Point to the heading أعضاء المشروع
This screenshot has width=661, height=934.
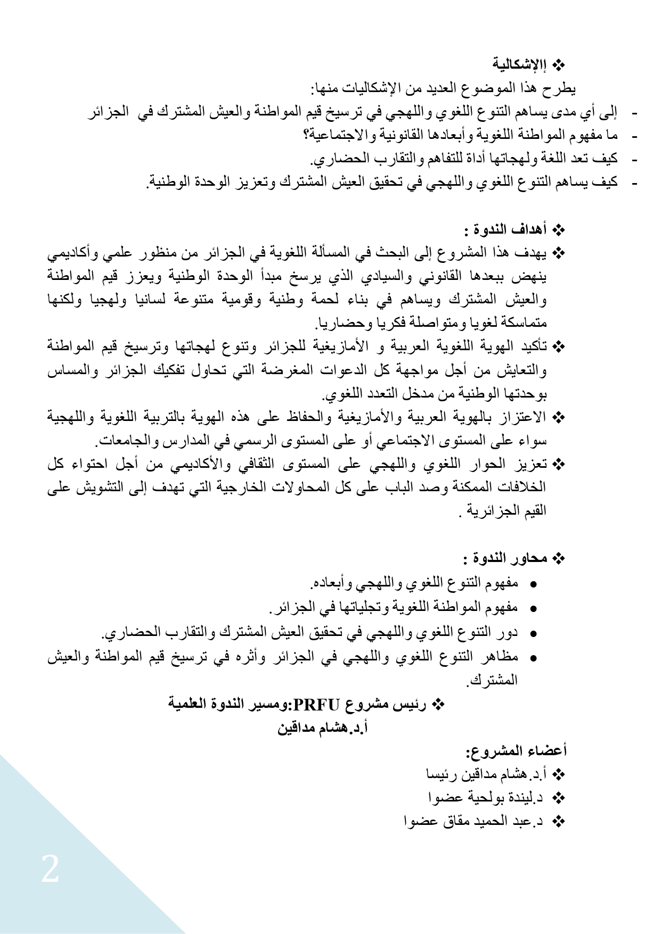click(x=516, y=751)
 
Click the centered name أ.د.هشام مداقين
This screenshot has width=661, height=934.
click(x=323, y=728)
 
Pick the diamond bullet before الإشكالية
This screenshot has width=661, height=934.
click(x=559, y=65)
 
